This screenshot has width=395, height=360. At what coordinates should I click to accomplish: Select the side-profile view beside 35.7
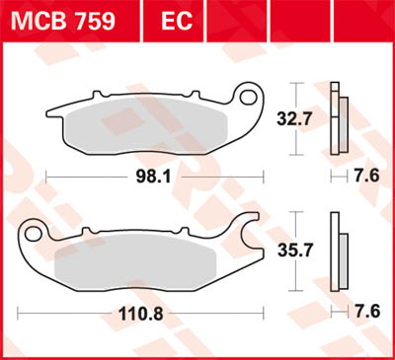(341, 251)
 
